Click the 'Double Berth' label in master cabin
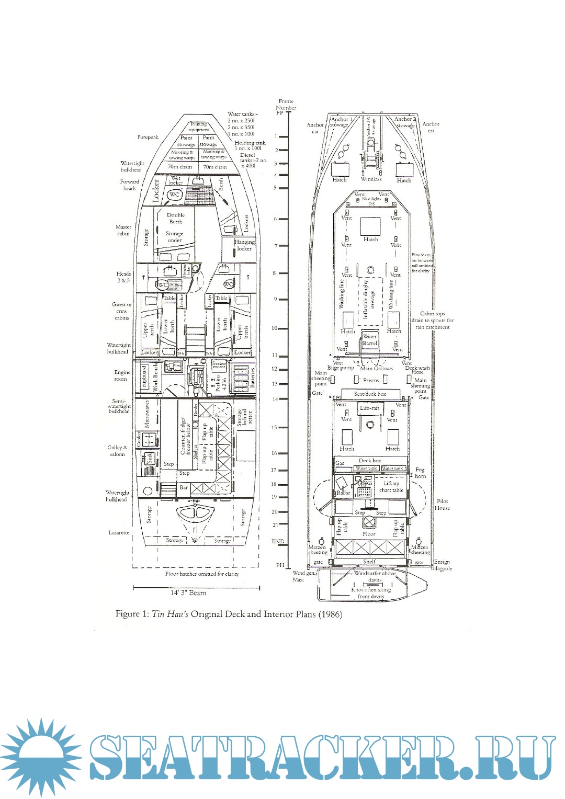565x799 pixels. point(176,218)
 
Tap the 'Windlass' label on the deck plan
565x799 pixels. point(371,179)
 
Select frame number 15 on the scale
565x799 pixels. point(274,427)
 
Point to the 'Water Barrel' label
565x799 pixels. point(370,340)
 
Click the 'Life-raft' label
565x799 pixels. point(370,407)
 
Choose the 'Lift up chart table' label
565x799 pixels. point(391,487)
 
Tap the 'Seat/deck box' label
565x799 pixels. point(370,394)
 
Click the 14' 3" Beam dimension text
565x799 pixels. point(188,593)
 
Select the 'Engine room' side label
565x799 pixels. point(122,375)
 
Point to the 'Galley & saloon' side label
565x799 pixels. point(117,451)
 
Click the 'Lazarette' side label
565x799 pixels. point(119,532)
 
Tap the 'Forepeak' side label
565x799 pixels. point(148,137)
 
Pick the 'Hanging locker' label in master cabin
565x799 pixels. point(244,245)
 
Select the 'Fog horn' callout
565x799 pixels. point(420,473)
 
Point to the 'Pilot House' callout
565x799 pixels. point(442,504)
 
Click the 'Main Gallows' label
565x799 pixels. point(376,368)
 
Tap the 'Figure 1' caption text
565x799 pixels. point(229,614)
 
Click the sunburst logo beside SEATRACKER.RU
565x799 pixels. point(41,758)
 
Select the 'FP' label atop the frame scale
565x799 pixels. point(279,113)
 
